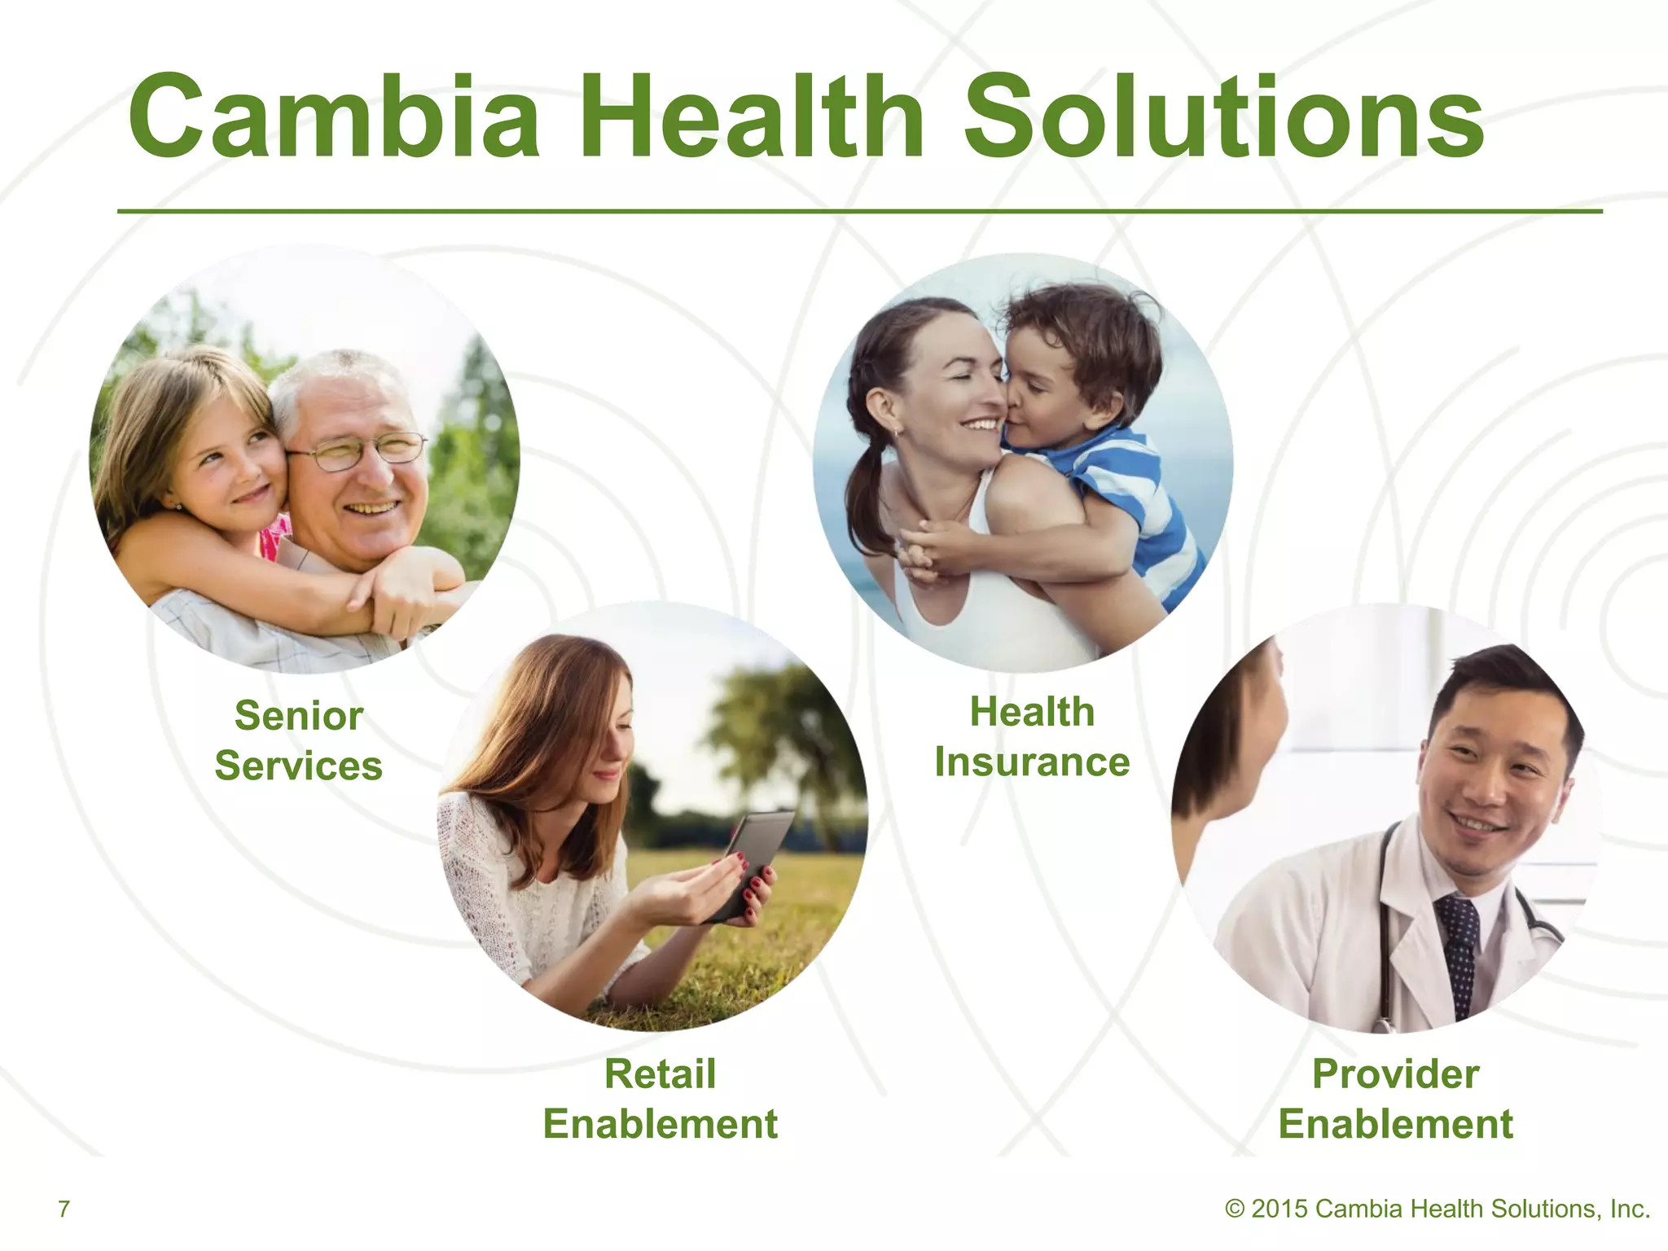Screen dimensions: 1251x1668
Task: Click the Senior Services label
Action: (298, 740)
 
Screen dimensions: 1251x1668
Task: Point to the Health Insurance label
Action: (1032, 736)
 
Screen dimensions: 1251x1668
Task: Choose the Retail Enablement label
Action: (660, 1099)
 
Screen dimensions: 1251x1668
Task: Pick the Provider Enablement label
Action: (1395, 1099)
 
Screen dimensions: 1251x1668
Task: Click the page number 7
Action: (64, 1209)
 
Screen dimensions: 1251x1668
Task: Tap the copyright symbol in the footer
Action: (1235, 1209)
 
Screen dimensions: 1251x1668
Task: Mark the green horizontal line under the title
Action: (859, 211)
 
